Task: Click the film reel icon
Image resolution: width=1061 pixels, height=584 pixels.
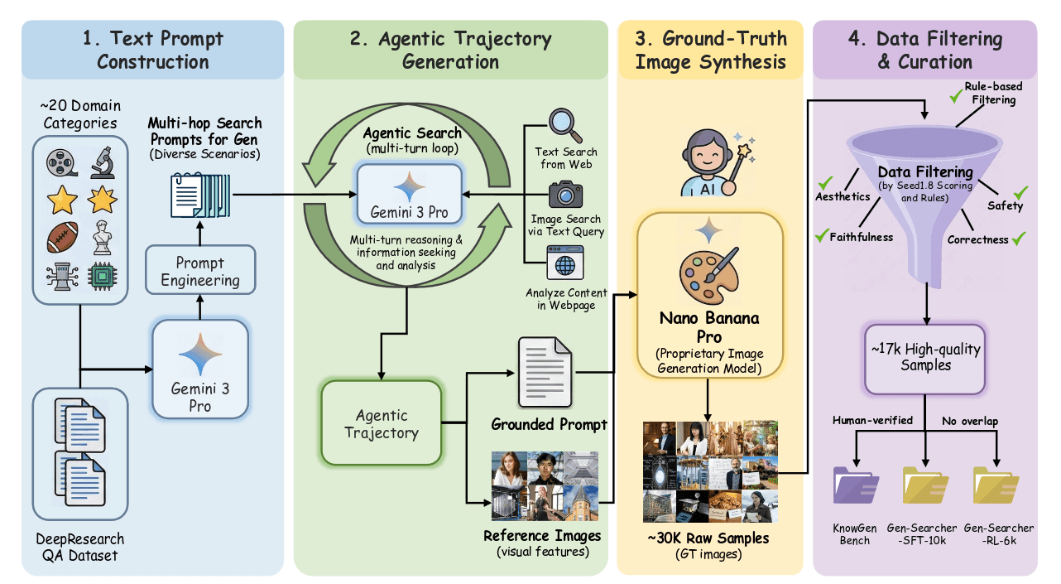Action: click(x=61, y=162)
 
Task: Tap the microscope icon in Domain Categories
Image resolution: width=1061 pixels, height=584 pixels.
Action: click(x=103, y=162)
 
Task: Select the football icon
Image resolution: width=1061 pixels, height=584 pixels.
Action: click(x=63, y=237)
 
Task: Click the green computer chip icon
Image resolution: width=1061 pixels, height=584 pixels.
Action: click(x=103, y=276)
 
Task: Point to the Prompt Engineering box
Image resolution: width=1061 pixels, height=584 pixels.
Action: click(x=200, y=270)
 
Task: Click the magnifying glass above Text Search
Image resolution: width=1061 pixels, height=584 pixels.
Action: click(x=565, y=125)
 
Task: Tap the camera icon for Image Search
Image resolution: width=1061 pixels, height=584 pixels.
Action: click(x=565, y=195)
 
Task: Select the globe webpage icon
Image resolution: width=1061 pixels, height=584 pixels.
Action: click(x=565, y=263)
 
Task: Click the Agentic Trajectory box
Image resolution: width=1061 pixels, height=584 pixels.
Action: click(x=382, y=423)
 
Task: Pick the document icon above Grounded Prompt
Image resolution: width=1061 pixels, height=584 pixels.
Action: click(x=545, y=373)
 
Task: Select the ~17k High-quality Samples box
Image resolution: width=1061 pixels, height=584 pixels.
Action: click(x=925, y=359)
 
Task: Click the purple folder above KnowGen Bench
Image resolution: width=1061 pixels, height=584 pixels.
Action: click(x=856, y=485)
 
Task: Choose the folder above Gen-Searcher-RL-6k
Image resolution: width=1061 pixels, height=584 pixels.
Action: click(x=996, y=485)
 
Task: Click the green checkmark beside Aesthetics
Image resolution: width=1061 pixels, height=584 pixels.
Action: click(x=825, y=182)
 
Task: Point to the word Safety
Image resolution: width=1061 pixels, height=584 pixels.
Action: click(x=1005, y=205)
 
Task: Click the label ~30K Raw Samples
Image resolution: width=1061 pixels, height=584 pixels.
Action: click(x=708, y=538)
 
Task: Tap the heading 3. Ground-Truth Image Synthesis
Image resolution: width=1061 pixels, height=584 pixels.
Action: click(x=710, y=50)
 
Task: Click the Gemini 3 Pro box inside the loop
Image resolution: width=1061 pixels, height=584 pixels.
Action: click(x=409, y=195)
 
